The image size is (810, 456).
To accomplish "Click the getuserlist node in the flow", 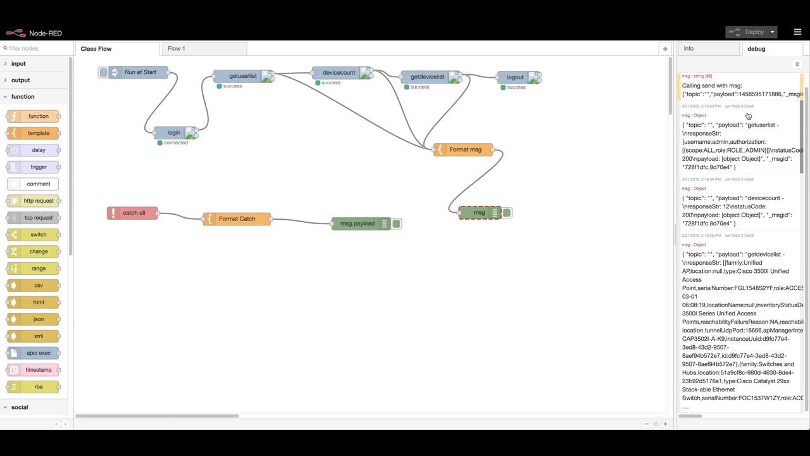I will coord(243,76).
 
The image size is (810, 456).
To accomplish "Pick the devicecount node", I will coord(339,73).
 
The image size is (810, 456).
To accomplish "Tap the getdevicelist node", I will coord(428,77).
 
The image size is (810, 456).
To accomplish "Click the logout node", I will coord(515,77).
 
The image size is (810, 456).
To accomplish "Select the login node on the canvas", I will coord(174,133).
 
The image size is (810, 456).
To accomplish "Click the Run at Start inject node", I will coord(140,72).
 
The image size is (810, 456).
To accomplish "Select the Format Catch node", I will coord(237,219).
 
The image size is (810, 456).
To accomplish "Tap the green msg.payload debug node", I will coord(358,224).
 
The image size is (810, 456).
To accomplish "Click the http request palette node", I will coord(38,201).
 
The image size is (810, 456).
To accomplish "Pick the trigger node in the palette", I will coord(38,167).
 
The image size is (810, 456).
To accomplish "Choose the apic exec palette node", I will coord(38,353).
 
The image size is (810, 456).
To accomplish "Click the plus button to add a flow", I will coord(665,49).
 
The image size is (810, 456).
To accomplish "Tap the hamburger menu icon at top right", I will coord(797,32).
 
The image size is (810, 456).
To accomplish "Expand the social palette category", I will coord(20,407).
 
